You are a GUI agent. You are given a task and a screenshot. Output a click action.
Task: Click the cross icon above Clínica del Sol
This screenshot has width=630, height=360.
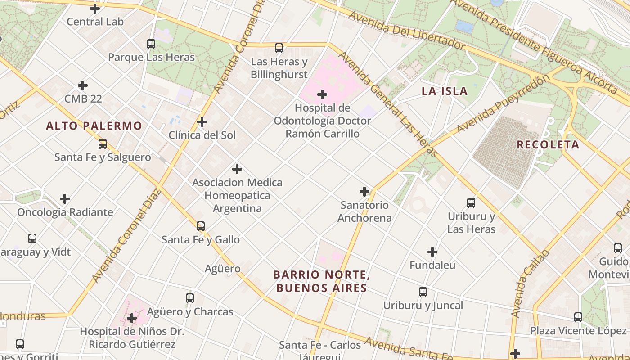pos(202,122)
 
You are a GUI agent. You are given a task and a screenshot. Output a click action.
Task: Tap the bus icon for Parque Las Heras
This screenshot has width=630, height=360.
pos(151,44)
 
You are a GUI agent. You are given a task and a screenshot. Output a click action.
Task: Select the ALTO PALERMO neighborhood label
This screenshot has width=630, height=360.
pos(94,126)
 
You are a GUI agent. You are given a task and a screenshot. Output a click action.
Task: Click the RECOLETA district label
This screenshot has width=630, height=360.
pos(548,145)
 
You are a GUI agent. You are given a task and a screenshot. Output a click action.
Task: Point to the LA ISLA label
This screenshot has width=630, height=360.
pos(445,91)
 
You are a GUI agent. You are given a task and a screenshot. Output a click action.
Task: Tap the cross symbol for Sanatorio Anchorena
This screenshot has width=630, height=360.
pos(364,192)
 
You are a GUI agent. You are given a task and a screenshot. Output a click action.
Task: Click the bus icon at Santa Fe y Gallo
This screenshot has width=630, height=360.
pos(201,226)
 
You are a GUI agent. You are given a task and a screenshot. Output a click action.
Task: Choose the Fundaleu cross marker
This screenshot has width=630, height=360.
pos(432,252)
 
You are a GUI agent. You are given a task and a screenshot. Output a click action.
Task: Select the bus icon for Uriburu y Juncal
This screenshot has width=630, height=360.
pos(423,292)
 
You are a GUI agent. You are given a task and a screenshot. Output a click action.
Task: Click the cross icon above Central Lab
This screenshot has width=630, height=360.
pos(95,9)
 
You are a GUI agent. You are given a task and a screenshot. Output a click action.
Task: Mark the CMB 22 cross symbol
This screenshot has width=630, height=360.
pos(83,85)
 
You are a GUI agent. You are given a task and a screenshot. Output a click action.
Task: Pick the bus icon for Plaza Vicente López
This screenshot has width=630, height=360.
pos(578,317)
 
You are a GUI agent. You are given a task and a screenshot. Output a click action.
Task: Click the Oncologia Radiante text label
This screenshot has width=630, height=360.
pos(65,212)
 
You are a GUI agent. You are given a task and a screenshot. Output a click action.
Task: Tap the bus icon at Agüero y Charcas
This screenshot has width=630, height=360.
pos(190,298)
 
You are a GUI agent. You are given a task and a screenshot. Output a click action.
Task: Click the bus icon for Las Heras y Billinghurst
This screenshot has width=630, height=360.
pos(279,48)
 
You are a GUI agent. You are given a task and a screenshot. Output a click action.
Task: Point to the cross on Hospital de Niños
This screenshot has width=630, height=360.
pos(132,319)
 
